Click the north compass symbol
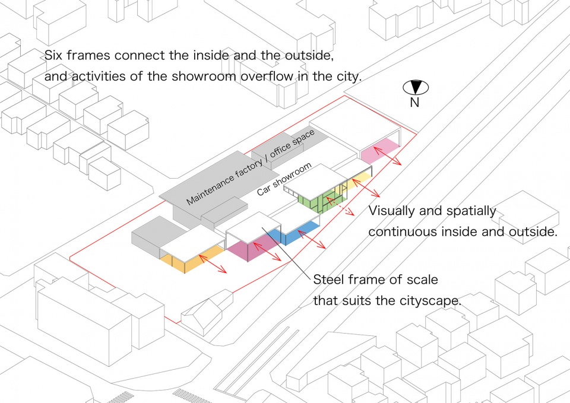pos(416,88)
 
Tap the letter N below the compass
pos(415,103)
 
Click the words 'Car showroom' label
pos(284,179)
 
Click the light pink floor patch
pos(380,150)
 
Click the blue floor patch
pos(298,233)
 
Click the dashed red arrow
pos(340,207)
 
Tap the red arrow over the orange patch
pos(213,264)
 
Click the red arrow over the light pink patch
pos(388,156)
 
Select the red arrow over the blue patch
pos(312,239)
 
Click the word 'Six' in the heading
pos(54,55)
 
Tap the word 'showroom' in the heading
pos(204,77)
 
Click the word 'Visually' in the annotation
pos(392,211)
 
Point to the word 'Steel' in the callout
pos(327,280)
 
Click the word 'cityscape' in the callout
pos(430,301)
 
